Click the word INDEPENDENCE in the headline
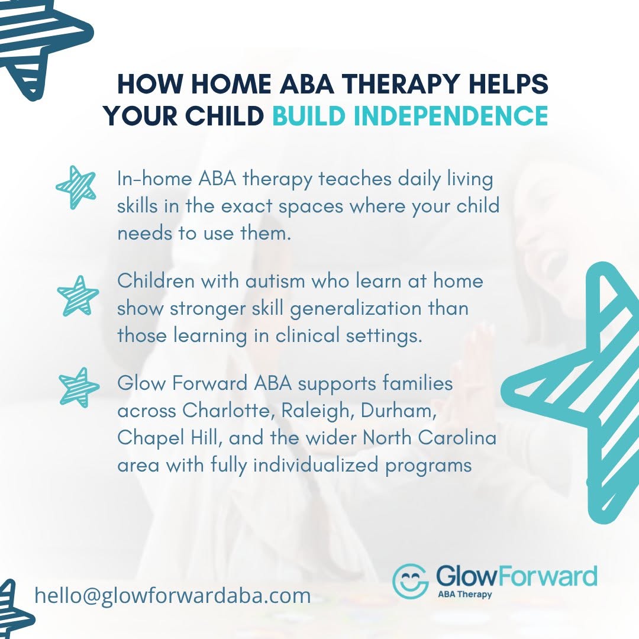pyautogui.click(x=450, y=115)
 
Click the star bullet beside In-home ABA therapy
pyautogui.click(x=76, y=188)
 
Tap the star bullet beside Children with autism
pyautogui.click(x=78, y=296)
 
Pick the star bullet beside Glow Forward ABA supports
pyautogui.click(x=79, y=388)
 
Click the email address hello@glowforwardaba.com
pyautogui.click(x=172, y=595)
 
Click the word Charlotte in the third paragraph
pyautogui.click(x=226, y=411)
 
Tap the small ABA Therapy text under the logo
pyautogui.click(x=464, y=594)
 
